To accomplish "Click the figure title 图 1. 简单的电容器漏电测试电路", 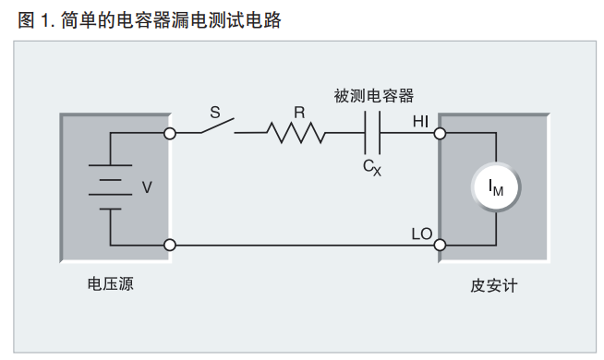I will (149, 19).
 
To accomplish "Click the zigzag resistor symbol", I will (297, 133).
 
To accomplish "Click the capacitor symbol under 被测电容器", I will (373, 133).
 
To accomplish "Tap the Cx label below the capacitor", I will (371, 167).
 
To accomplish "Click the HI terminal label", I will (420, 120).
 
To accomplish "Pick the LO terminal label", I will (420, 233).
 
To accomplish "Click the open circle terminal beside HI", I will (440, 133).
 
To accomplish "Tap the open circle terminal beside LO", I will (440, 246).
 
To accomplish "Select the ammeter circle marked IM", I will (496, 188).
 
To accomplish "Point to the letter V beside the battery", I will (146, 187).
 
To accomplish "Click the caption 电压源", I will (110, 285).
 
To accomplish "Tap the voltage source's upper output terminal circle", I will (169, 133).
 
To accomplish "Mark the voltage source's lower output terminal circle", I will (169, 246).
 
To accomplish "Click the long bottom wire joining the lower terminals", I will (305, 246).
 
